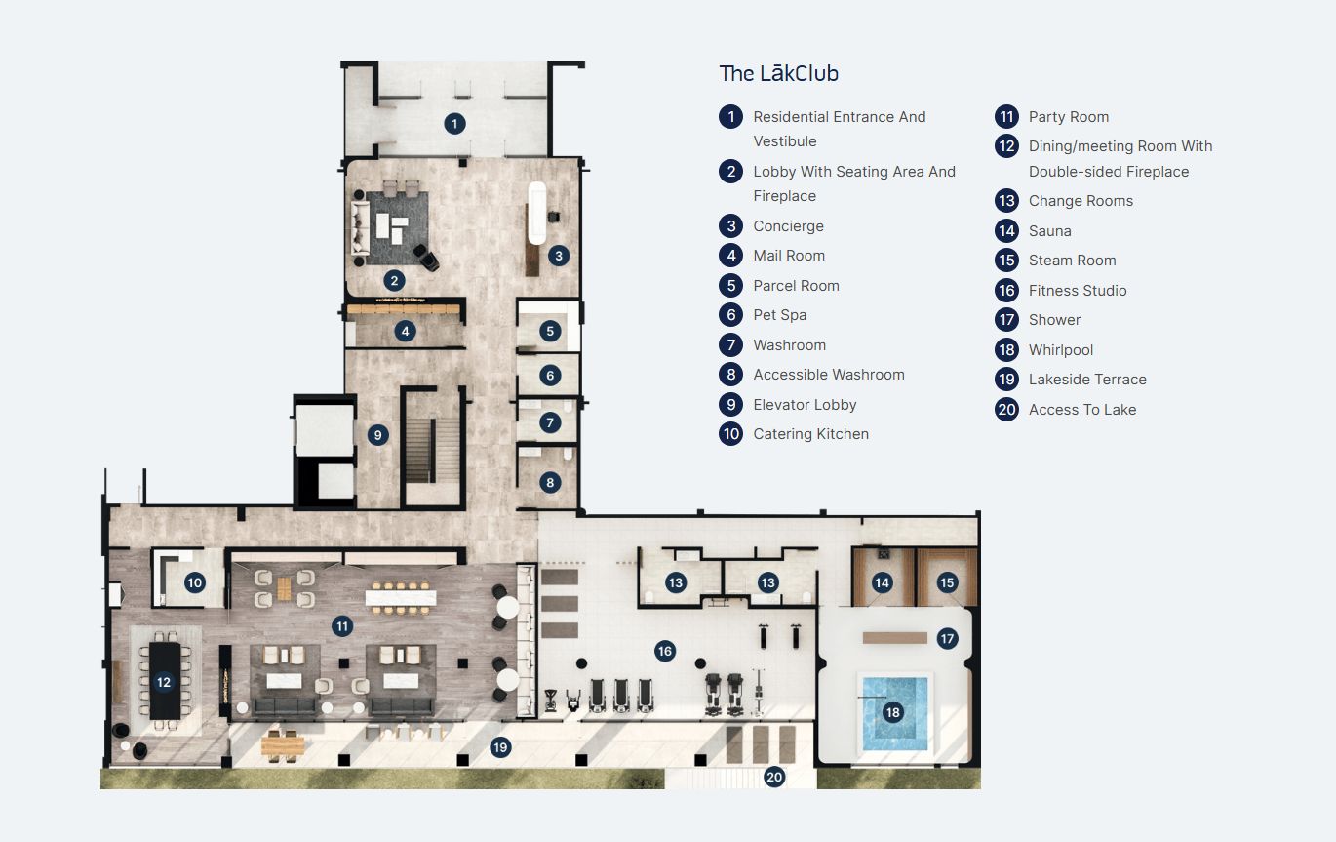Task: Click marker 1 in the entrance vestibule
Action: [x=453, y=124]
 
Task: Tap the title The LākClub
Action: [x=778, y=73]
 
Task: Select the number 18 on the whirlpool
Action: [x=892, y=712]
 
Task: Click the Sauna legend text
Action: [x=1049, y=231]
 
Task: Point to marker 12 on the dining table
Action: [x=164, y=682]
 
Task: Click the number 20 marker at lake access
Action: [x=774, y=777]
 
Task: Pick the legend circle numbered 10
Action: [x=731, y=434]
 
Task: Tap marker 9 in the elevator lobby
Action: [x=378, y=435]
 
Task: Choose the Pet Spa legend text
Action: [x=779, y=315]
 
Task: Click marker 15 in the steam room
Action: [x=947, y=582]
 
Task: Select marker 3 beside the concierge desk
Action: [x=558, y=256]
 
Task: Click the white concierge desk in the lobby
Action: [x=536, y=213]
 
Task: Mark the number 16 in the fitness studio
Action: [x=665, y=651]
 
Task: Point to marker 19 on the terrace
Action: [x=500, y=747]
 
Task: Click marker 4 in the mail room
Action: [x=405, y=331]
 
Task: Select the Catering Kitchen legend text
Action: [x=810, y=434]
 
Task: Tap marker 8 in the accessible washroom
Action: [x=550, y=482]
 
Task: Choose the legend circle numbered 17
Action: [x=1006, y=320]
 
